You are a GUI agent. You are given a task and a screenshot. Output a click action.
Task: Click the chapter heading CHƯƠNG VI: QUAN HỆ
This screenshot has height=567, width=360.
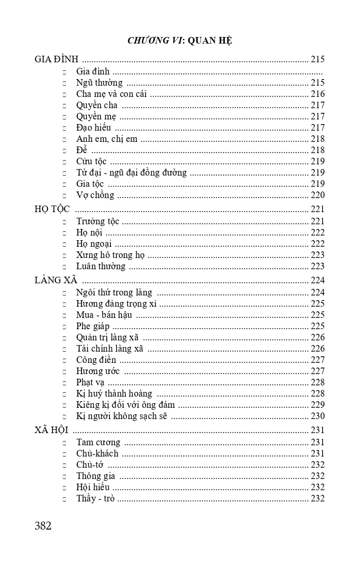click(180, 41)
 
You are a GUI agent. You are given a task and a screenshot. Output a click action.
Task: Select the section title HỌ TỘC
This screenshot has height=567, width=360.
click(52, 209)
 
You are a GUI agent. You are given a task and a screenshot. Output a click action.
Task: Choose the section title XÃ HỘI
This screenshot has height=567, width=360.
click(51, 430)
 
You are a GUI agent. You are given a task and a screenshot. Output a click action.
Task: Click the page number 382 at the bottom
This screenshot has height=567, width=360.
click(43, 526)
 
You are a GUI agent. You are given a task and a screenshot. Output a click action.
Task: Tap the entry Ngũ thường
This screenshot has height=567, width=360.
click(99, 83)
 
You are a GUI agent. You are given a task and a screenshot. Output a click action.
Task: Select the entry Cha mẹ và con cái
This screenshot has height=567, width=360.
click(111, 94)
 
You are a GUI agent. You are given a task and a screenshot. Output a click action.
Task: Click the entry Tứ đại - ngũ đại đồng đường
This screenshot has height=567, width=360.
click(132, 173)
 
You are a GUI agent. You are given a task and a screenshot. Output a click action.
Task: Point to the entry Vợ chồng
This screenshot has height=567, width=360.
click(95, 195)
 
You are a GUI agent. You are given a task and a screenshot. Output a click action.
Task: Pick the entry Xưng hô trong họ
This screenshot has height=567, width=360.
click(110, 255)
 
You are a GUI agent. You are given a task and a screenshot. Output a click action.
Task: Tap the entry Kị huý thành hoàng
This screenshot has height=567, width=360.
click(114, 394)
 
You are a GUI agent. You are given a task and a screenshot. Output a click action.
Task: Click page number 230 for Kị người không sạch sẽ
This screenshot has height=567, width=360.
click(317, 416)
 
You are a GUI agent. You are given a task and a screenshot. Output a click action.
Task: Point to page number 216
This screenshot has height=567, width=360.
click(317, 94)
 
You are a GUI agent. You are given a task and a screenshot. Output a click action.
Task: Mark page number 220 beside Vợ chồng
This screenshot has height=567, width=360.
click(317, 195)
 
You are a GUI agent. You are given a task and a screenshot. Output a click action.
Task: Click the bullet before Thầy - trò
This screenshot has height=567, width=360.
click(65, 499)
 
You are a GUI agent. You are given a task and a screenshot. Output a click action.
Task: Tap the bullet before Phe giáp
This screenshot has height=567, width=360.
click(65, 327)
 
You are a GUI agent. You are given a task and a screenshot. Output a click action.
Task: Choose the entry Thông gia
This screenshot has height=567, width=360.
click(96, 476)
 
